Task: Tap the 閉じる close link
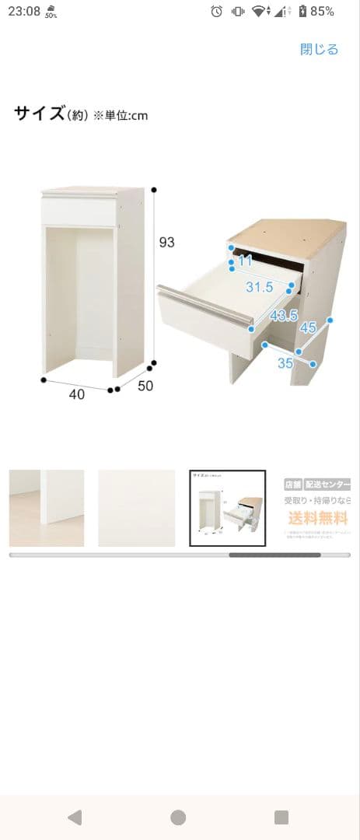[x=320, y=50]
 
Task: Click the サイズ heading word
[x=38, y=114]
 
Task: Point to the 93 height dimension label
[x=166, y=243]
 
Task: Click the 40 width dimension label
[x=76, y=394]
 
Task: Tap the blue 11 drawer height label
[x=246, y=261]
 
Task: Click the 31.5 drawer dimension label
[x=260, y=287]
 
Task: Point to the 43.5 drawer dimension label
[x=283, y=315]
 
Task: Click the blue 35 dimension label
[x=285, y=362]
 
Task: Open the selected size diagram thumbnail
[x=228, y=509]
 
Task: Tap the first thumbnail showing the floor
[x=47, y=509]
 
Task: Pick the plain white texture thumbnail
[x=137, y=509]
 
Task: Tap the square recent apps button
[x=281, y=817]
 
